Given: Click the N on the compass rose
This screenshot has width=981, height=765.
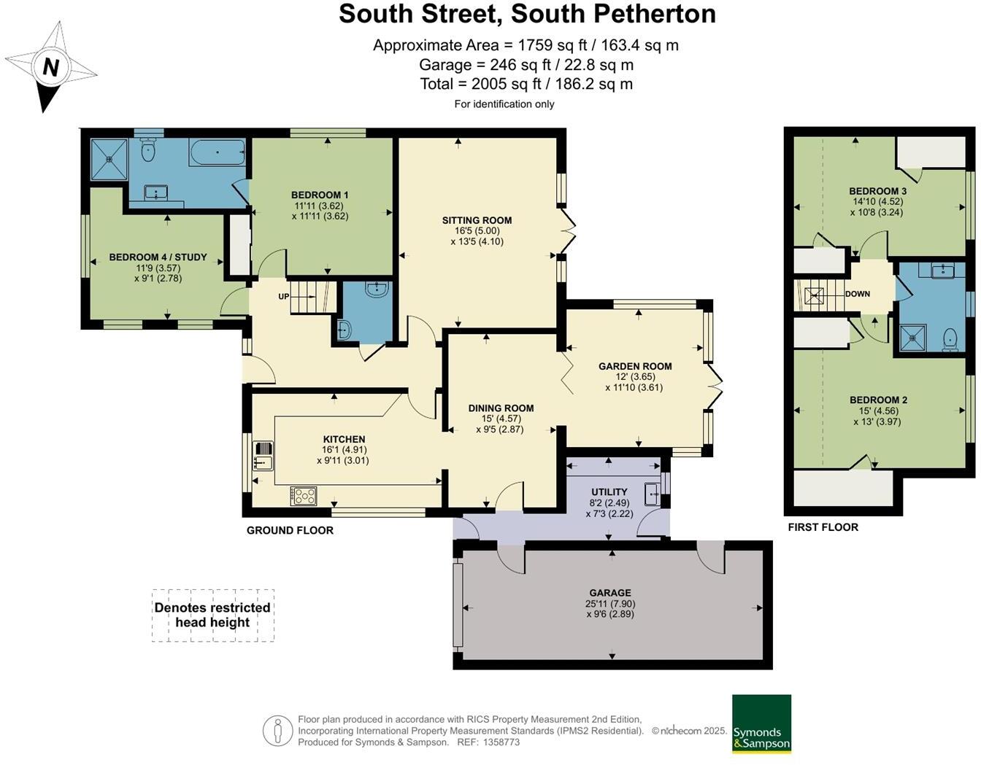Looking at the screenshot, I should coord(50,68).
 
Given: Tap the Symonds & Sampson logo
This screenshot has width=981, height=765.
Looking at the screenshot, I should coord(761,724).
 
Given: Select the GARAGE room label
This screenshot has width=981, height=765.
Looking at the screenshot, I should coord(610,593).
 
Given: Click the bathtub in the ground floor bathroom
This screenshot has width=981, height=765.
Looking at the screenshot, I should coord(218,153).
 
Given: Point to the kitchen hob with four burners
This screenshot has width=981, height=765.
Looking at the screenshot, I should coord(304,496).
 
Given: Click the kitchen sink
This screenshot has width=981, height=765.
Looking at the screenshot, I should coord(263,455).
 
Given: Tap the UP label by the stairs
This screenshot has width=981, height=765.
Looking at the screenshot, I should coord(284,297).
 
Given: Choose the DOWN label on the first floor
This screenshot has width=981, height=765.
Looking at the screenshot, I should coord(858,294).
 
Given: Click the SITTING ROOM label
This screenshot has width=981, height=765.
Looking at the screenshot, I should coord(477,220).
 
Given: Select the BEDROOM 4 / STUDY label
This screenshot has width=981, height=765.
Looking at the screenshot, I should coord(158,257).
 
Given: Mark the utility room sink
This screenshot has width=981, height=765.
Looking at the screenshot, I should coord(651,494).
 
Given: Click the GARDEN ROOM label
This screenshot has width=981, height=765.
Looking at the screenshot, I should coord(635,366).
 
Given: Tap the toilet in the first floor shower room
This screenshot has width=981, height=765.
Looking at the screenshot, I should coord(950,339).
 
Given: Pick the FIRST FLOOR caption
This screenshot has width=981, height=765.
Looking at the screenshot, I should coord(823,527).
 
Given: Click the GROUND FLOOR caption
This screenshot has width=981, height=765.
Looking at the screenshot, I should coord(290,530).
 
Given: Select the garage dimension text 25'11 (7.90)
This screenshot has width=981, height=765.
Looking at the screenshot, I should coord(610,604).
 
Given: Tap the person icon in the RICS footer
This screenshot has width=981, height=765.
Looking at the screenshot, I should coord(277,731).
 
